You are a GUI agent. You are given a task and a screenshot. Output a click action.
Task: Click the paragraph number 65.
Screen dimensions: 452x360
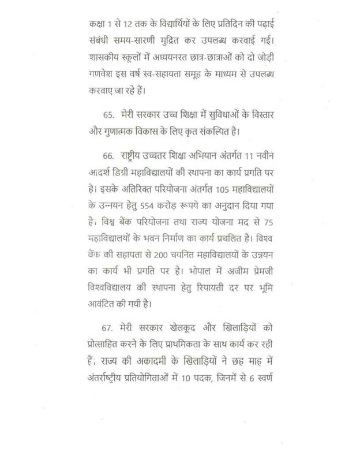pyautogui.click(x=108, y=115)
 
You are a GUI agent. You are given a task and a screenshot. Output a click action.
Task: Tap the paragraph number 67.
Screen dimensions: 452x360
pyautogui.click(x=108, y=327)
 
